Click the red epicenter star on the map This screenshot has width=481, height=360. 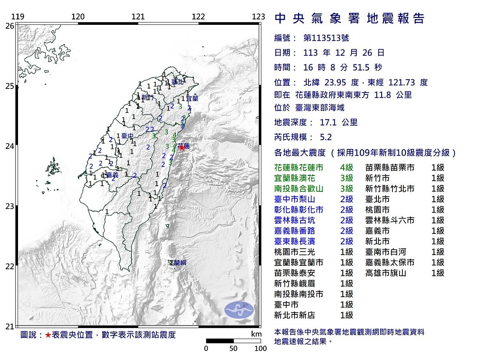point(182,147)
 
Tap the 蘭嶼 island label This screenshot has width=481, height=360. point(178,263)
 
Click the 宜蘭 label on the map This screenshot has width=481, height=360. point(192,98)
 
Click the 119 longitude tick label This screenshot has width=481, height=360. point(17,16)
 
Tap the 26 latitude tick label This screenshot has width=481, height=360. point(10,26)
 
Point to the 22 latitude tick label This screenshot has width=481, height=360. point(10,266)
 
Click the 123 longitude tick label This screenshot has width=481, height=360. point(259,16)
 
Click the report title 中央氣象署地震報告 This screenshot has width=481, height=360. point(350,18)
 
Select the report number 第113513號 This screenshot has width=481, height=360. point(326,38)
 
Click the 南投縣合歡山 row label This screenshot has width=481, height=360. point(299,189)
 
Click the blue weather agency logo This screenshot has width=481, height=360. point(239,310)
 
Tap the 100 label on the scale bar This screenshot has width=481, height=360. point(261,348)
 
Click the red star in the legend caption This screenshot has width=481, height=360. point(48,335)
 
